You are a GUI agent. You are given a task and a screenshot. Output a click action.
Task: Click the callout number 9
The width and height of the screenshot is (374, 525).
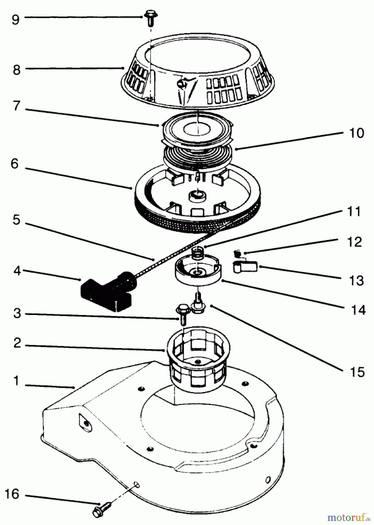15,20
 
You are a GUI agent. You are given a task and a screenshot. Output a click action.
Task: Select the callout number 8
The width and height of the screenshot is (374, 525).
17,70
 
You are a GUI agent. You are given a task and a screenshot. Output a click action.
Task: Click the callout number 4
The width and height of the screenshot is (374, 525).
17,271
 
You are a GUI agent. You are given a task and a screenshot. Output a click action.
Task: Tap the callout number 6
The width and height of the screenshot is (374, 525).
15,164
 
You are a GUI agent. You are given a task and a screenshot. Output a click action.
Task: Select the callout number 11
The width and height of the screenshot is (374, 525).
354,212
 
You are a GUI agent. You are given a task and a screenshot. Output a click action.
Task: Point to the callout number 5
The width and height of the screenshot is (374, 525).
17,220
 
